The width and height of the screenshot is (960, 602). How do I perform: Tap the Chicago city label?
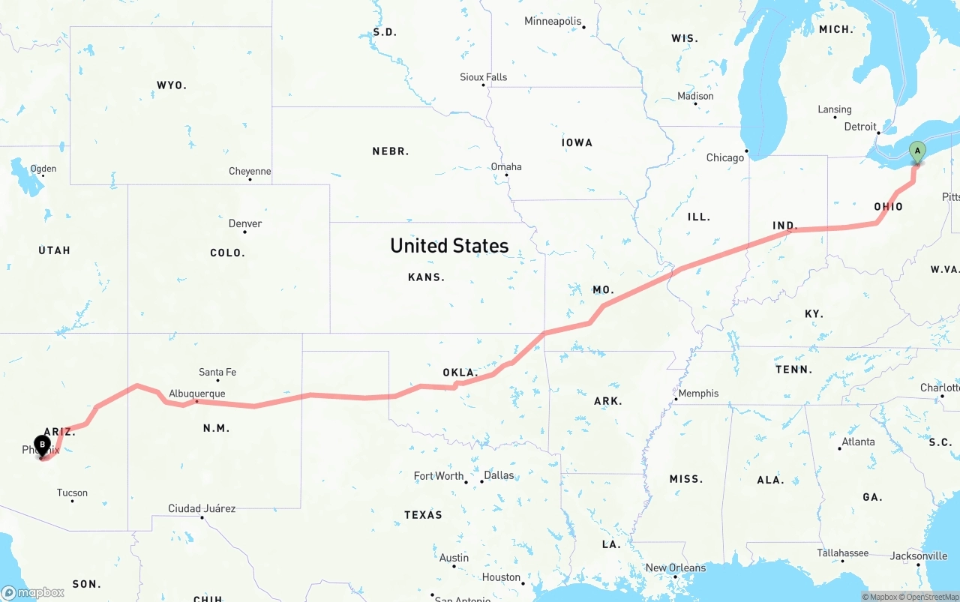pyautogui.click(x=725, y=157)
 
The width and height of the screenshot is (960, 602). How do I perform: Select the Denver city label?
pyautogui.click(x=245, y=223)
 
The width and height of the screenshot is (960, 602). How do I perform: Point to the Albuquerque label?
pyautogui.click(x=196, y=393)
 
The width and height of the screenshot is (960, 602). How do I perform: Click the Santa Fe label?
pyautogui.click(x=217, y=372)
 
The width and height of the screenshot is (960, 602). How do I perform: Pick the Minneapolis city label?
pyautogui.click(x=553, y=21)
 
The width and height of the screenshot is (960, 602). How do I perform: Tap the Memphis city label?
pyautogui.click(x=698, y=393)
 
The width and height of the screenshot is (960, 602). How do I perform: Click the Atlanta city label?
pyautogui.click(x=858, y=442)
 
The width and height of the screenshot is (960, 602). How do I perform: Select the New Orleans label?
pyautogui.click(x=675, y=568)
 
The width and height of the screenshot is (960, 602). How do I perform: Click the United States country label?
pyautogui.click(x=449, y=245)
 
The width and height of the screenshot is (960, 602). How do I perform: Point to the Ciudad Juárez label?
pyautogui.click(x=202, y=508)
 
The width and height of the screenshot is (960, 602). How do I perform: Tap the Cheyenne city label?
pyautogui.click(x=250, y=172)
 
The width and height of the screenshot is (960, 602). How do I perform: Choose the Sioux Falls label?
pyautogui.click(x=483, y=77)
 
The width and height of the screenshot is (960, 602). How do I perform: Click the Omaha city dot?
pyautogui.click(x=507, y=175)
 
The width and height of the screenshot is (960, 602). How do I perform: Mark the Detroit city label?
pyautogui.click(x=860, y=127)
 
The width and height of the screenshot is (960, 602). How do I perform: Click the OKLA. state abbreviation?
pyautogui.click(x=460, y=373)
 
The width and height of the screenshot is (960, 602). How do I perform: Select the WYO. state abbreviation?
pyautogui.click(x=172, y=85)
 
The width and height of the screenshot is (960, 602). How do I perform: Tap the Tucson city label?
pyautogui.click(x=72, y=493)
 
